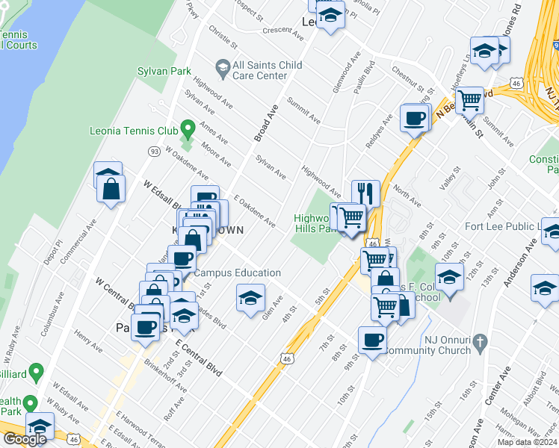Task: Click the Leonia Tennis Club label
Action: (142, 131)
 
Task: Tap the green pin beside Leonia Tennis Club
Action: (188, 129)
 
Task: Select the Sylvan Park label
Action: (160, 72)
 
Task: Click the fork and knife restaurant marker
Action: (365, 192)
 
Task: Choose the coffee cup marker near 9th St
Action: (371, 340)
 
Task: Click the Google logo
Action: (25, 439)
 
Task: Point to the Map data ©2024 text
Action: (527, 442)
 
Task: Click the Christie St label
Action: (223, 34)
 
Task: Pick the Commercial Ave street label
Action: (80, 240)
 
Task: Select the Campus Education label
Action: (238, 273)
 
